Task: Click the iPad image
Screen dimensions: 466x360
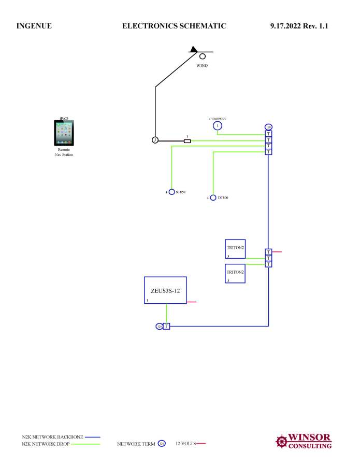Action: tap(64, 133)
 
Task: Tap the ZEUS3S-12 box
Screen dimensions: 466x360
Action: tap(165, 290)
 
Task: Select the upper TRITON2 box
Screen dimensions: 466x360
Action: tap(235, 248)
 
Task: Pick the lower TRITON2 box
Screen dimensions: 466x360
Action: tap(235, 273)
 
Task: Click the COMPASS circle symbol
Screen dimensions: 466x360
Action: tap(218, 125)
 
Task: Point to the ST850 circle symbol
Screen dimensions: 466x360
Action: tap(172, 192)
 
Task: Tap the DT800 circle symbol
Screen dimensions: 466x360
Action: tap(213, 197)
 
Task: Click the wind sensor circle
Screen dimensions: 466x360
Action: tap(203, 56)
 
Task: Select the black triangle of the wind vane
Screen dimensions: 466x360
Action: tap(194, 49)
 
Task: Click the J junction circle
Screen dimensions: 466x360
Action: tap(154, 140)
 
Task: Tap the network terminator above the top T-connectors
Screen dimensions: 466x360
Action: tap(268, 127)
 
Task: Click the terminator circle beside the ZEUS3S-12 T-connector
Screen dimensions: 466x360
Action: tap(159, 326)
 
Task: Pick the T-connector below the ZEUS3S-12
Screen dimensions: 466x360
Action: tap(166, 326)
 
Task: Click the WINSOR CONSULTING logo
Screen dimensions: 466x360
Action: tap(304, 441)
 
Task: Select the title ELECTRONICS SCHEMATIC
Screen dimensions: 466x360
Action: tap(174, 25)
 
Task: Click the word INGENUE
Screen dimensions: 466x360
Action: tap(34, 25)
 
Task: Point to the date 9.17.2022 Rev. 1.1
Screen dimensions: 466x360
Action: tap(299, 25)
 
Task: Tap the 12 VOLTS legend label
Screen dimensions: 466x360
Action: tap(185, 444)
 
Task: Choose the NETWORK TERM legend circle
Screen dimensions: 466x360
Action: tap(161, 444)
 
